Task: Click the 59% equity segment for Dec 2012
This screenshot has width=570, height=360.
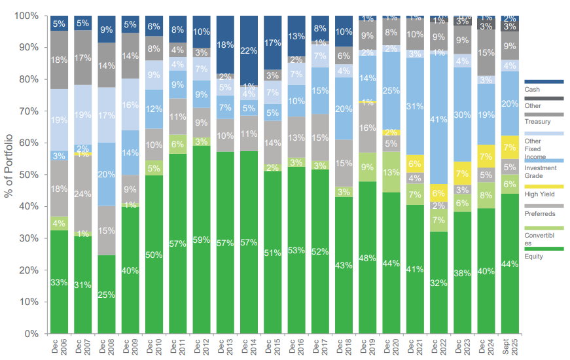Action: click(202, 240)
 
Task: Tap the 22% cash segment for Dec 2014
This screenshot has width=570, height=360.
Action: click(249, 50)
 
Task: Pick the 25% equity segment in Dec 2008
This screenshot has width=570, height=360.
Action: click(107, 294)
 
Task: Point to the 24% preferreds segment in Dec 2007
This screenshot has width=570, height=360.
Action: click(83, 194)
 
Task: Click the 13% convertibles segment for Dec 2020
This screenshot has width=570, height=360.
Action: click(391, 172)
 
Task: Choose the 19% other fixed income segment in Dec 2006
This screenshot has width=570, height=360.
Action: click(60, 120)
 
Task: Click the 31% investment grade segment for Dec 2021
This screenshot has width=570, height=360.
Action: click(415, 106)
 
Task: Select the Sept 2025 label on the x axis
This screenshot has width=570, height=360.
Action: click(510, 347)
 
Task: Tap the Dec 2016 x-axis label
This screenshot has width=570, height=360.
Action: click(296, 347)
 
